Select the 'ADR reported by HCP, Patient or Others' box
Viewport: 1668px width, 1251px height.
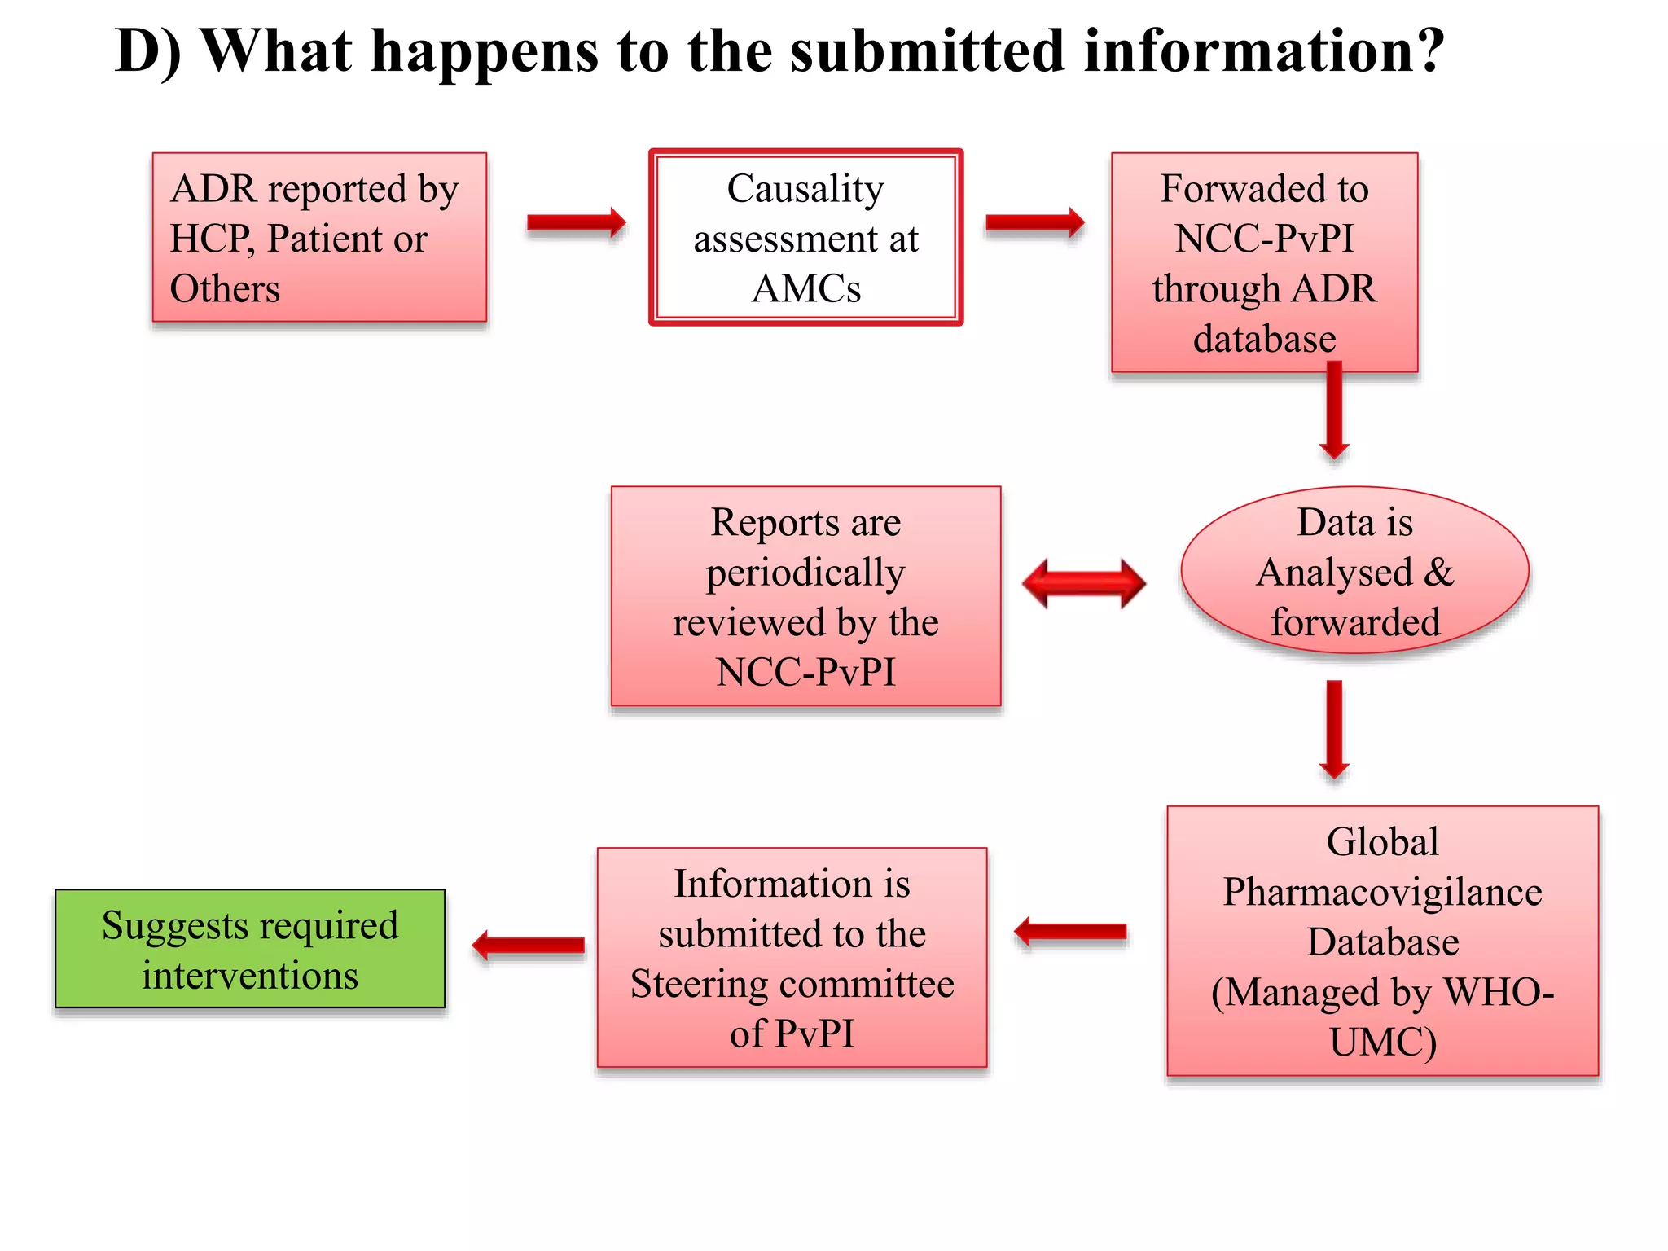point(319,238)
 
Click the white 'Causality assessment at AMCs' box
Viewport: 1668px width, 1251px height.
point(805,238)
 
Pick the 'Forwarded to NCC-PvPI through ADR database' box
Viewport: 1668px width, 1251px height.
point(1264,262)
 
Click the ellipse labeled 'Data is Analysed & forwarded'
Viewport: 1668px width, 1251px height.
point(1354,571)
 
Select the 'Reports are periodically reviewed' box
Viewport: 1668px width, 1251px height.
point(805,596)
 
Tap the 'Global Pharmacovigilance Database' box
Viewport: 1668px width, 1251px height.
point(1382,941)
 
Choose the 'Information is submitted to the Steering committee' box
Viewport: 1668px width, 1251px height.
point(792,958)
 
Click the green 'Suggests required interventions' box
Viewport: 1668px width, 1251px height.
point(250,949)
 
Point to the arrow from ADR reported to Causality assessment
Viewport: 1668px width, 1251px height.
point(576,222)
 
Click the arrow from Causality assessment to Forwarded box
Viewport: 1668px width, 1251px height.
point(1034,222)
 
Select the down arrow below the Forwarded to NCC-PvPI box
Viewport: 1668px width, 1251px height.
point(1334,411)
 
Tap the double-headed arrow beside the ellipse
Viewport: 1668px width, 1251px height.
point(1083,583)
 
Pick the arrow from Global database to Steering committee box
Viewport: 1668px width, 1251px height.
point(1071,932)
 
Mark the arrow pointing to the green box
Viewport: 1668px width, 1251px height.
point(529,946)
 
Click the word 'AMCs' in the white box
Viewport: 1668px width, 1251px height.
point(805,289)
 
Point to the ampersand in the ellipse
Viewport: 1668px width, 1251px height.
point(1438,572)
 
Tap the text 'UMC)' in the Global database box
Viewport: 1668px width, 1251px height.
point(1382,1042)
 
